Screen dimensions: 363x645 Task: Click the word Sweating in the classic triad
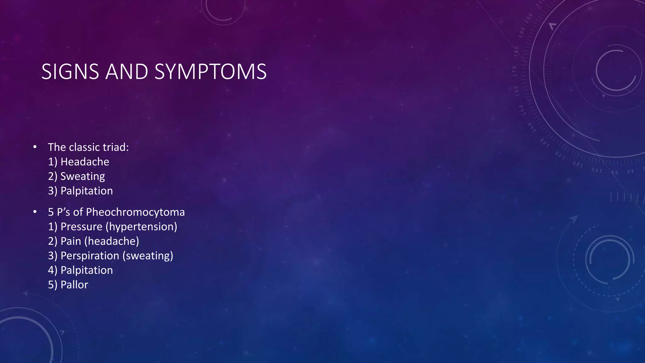[83, 176]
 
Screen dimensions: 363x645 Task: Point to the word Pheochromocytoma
[135, 212]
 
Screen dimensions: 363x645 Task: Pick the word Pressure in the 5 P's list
[81, 227]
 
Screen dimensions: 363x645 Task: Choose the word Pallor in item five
[74, 285]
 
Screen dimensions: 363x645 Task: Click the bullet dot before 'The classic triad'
[35, 147]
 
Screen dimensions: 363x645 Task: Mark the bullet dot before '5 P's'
[35, 212]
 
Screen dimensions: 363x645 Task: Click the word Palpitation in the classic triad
[87, 191]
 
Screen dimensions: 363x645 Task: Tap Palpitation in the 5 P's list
[87, 270]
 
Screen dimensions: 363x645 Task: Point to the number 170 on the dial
[515, 71]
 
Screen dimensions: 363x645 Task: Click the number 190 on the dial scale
[522, 32]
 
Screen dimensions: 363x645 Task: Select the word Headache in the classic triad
[85, 162]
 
